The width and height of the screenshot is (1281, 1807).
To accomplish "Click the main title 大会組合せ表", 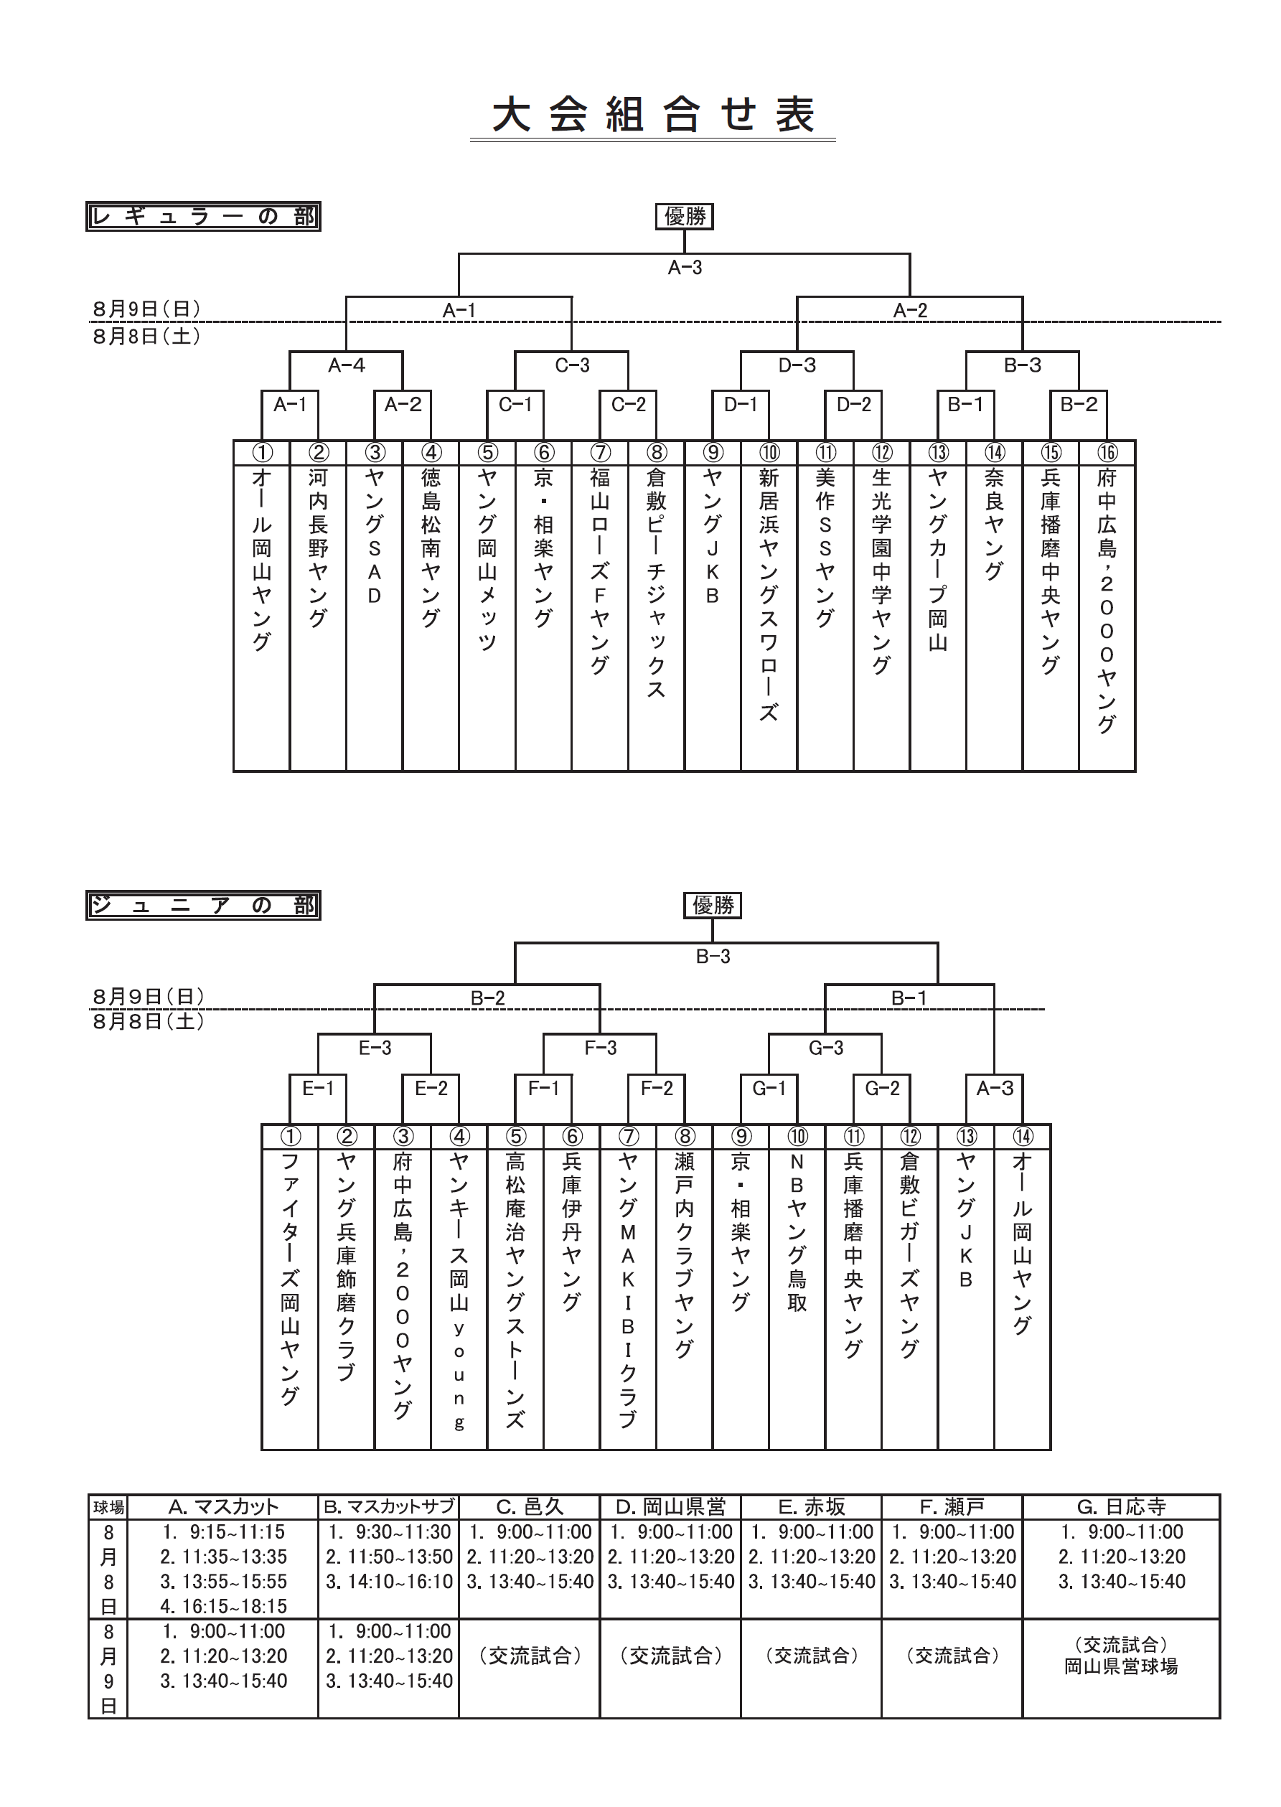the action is coord(653,114).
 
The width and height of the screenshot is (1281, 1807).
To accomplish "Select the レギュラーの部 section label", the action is coord(204,216).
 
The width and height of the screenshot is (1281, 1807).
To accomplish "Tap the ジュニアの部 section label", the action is coord(204,905).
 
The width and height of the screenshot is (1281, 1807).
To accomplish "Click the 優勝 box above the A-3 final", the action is coord(685,216).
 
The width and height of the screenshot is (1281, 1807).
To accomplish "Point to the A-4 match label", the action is coord(347,365).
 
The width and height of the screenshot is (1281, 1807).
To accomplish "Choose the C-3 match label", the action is coord(573,365).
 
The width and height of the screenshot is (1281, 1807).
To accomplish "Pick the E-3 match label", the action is coord(375,1048).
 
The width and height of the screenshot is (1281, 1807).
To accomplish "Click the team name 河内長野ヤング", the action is coord(318,548).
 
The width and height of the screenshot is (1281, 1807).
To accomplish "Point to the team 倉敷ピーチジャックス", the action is coord(656,583).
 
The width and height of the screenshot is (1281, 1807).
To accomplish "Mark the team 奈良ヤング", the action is coord(995,524).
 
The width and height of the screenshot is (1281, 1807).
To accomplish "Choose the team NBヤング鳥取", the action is coord(797,1233).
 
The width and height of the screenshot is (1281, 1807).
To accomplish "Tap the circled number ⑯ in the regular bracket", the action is coord(1107,452).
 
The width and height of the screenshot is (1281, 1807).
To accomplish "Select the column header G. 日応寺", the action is coord(1122,1507).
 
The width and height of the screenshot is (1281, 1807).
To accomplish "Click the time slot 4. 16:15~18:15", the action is coord(223,1607).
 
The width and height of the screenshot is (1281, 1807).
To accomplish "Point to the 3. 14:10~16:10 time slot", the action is coord(389,1582).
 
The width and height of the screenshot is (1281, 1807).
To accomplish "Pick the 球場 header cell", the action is coord(109,1507).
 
